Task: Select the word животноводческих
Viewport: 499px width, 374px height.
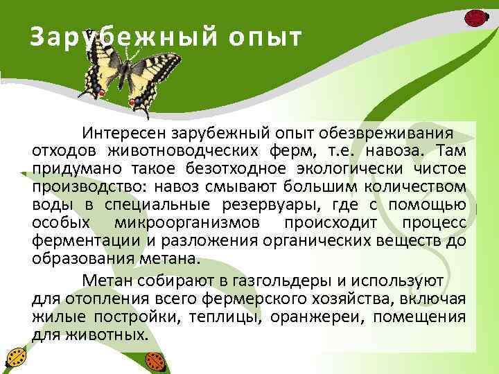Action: click(x=182, y=150)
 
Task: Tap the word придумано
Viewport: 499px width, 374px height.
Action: click(x=69, y=168)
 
